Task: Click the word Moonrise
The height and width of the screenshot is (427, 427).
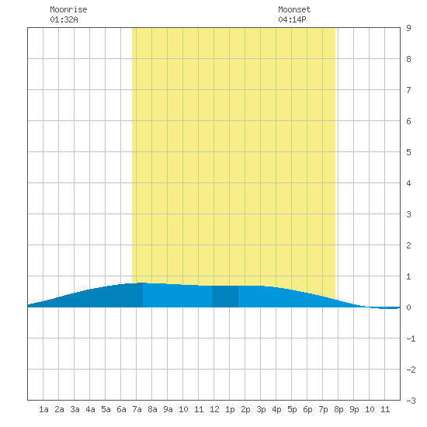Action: [x=68, y=9]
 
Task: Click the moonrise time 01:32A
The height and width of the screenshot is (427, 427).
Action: [x=64, y=19]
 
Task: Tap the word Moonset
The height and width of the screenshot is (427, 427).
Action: [x=294, y=9]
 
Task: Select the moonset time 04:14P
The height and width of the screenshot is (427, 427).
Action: [x=292, y=19]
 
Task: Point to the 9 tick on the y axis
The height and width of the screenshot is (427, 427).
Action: [x=408, y=28]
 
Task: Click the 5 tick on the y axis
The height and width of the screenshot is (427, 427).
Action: [x=408, y=152]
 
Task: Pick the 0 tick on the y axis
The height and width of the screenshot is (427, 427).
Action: [x=408, y=307]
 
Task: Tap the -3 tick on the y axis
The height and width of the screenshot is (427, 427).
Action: [x=411, y=401]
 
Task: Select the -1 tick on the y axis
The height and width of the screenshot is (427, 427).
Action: [x=411, y=338]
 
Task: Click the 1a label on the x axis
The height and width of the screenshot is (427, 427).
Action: [x=43, y=409]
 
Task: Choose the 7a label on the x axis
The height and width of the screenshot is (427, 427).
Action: [x=137, y=409]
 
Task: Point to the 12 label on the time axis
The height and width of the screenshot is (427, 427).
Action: [x=214, y=409]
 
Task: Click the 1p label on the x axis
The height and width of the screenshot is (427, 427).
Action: [x=230, y=409]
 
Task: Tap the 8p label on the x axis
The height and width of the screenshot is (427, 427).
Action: [x=338, y=409]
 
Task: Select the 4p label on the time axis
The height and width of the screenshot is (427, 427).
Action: [x=276, y=409]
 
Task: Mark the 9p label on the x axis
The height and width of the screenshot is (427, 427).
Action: [x=354, y=409]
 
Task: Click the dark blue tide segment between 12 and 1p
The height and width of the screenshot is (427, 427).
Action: [x=225, y=297]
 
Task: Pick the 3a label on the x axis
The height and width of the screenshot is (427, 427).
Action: [x=75, y=409]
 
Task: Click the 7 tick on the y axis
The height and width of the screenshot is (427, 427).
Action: [x=408, y=90]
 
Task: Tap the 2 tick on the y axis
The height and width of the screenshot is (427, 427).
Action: [x=408, y=245]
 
